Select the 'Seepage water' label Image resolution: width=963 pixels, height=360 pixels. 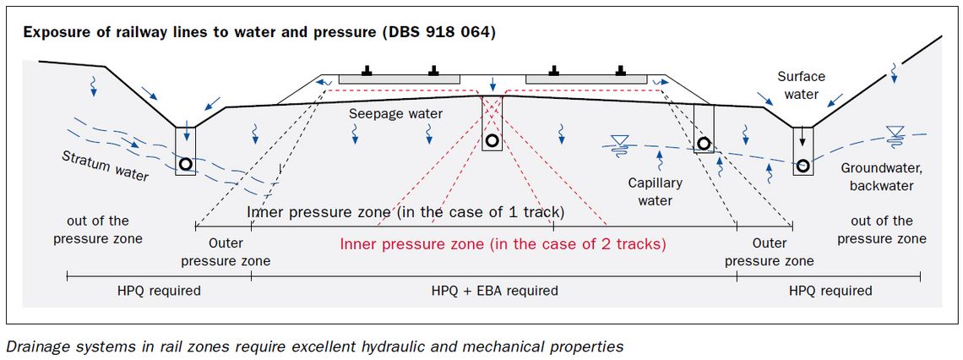pos(394,114)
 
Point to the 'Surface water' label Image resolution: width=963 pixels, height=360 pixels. pos(801,85)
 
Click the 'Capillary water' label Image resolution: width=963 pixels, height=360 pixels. pos(655,192)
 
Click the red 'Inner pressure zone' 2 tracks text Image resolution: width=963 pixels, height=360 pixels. pos(503,244)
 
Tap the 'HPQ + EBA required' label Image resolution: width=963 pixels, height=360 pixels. pos(494,291)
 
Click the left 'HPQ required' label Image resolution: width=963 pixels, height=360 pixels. pos(159,291)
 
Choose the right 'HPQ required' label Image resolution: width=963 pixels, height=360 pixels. pos(830,291)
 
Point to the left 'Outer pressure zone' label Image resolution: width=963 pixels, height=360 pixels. pos(226,252)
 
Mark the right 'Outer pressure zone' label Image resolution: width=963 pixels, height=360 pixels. pos(769,252)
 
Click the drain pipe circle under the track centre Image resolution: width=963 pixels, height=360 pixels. pos(491,140)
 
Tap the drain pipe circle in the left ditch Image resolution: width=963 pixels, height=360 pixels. pos(185,164)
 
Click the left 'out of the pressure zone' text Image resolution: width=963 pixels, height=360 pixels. pos(98,230)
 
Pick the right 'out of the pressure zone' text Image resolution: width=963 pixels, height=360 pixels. pos(882,230)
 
